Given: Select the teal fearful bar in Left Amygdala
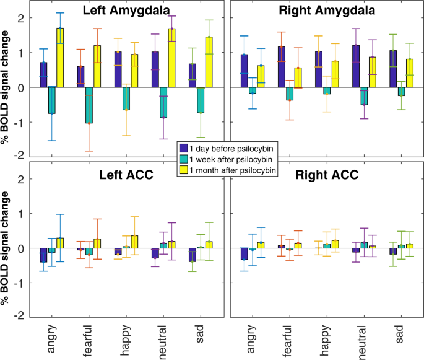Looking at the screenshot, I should point(89,105).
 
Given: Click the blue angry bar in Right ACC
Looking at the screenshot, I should point(244,253).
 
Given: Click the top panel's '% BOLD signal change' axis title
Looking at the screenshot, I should point(9,87).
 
